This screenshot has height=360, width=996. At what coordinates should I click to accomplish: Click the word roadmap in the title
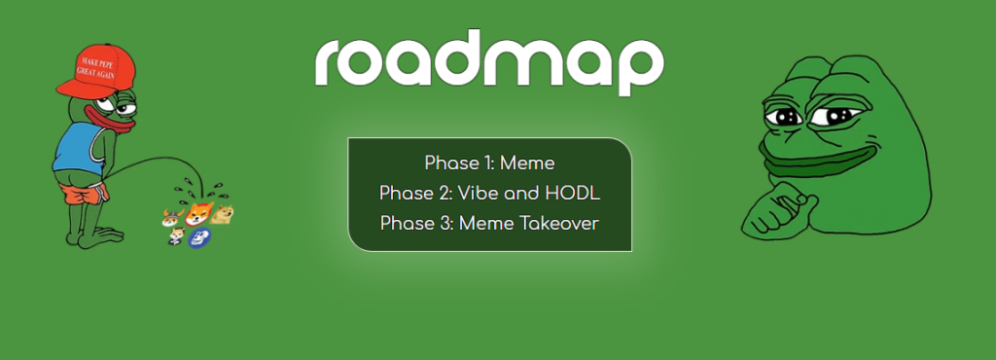[x=489, y=62]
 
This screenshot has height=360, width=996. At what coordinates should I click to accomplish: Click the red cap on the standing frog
[x=97, y=70]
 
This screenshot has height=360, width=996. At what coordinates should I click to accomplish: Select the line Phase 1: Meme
[x=489, y=163]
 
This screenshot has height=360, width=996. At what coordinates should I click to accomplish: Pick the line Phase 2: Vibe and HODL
[x=489, y=193]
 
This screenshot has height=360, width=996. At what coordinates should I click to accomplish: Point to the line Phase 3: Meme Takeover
[x=489, y=224]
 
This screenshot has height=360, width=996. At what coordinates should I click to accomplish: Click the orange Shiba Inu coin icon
[x=199, y=213]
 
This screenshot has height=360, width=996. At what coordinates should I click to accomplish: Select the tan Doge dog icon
[x=223, y=215]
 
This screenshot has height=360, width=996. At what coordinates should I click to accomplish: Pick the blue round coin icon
[x=198, y=237]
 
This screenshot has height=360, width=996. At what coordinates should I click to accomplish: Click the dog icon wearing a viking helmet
[x=172, y=217]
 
